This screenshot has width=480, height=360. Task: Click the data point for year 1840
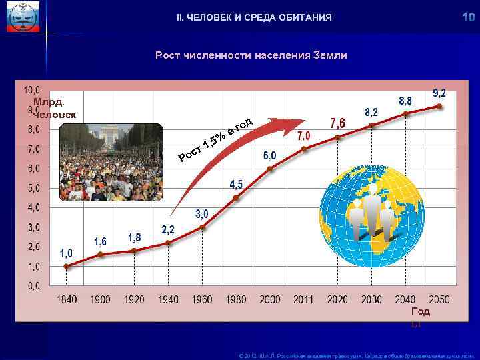pos(67,266)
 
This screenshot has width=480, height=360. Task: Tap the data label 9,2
pos(439,93)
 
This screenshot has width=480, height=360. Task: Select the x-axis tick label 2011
pos(304,300)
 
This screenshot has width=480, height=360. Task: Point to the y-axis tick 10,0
pos(31,89)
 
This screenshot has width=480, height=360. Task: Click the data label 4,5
pos(236,184)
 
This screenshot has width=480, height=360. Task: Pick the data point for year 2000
pos(270,168)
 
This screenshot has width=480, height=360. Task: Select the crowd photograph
pos(111,162)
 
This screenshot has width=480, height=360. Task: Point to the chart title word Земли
pos(329,55)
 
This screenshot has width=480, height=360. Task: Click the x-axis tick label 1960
pos(202,300)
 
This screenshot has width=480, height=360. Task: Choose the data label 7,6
pos(337,123)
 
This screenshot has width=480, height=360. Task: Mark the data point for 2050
pos(439,106)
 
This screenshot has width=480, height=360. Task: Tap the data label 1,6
pos(101,241)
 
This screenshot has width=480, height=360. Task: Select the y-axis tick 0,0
pos(31,285)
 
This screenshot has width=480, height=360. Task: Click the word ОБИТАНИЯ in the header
pos(304,17)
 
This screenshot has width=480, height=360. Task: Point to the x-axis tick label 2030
pos(371,300)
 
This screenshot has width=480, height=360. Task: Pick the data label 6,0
pos(269,155)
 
